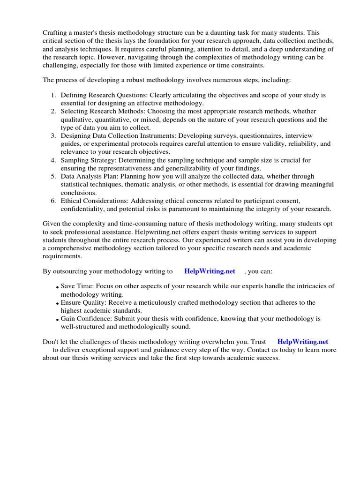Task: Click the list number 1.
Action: pos(53,95)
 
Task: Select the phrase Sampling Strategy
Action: pos(87,160)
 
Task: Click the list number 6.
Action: pos(53,201)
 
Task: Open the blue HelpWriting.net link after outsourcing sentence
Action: pos(210,271)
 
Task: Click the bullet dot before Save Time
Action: pos(57,287)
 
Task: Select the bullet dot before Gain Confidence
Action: pos(57,320)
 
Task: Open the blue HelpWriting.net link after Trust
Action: pos(303,342)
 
